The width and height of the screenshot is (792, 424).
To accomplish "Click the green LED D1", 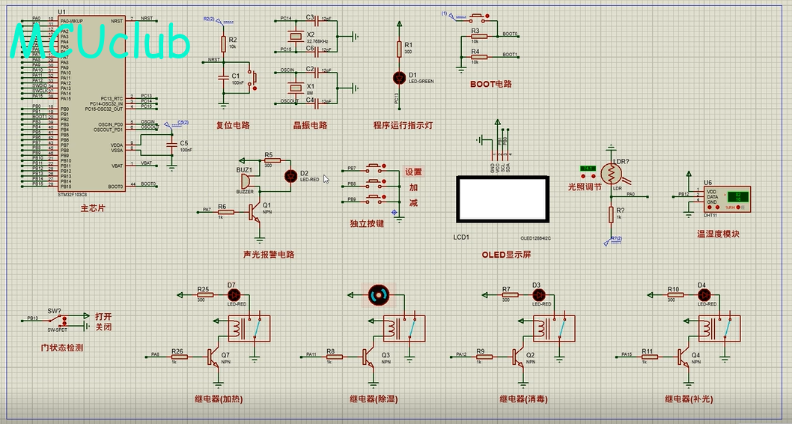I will coord(398,77).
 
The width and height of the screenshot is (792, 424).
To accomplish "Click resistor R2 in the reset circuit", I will coord(222,43).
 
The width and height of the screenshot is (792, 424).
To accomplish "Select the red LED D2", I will coord(290,176).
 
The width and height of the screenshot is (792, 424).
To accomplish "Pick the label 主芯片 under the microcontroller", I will coord(93,207).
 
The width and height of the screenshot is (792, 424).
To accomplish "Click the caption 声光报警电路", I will coord(269,255).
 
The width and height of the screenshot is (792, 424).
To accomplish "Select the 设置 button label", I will coord(413,172).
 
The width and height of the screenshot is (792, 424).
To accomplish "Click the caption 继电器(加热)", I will coord(219,399).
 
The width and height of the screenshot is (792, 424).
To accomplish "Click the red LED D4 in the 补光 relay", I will coord(702,295).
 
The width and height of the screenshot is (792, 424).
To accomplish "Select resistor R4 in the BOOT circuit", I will coord(475,57).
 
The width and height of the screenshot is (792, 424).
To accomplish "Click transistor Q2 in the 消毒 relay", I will coord(518,357).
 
